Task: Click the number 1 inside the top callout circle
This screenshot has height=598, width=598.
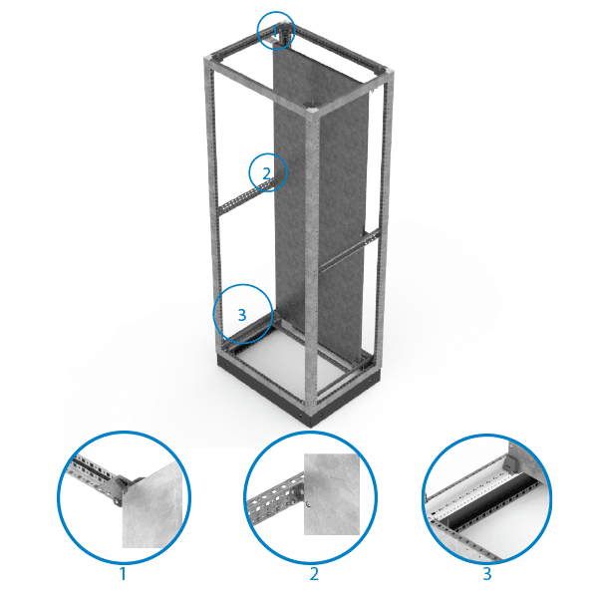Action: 275,30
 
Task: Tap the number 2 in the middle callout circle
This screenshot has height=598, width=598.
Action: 266,173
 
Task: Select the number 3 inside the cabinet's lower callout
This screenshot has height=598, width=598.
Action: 242,315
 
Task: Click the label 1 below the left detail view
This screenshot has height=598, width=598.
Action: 123,574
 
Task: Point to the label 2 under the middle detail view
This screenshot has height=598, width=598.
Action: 314,574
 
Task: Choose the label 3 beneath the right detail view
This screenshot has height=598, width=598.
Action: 487,574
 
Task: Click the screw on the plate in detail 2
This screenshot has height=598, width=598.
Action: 308,505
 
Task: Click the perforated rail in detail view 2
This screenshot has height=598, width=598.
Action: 275,500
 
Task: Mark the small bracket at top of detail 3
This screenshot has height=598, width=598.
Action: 509,462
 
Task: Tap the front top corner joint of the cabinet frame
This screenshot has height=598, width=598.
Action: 312,111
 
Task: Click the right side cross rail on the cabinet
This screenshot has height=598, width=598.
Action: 350,251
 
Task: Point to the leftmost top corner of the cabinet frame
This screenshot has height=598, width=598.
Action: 208,59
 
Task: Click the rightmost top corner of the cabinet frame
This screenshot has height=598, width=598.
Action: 388,73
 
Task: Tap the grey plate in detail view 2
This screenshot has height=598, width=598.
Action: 332,494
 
